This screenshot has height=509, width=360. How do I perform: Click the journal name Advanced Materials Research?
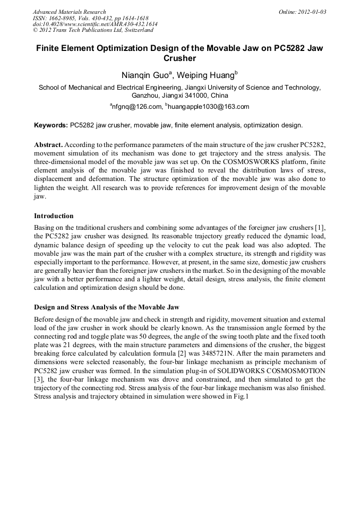[x=69, y=12]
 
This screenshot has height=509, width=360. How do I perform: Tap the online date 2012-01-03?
[x=310, y=12]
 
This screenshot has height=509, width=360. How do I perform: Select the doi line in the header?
[x=95, y=24]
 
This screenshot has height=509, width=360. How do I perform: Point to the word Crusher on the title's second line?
[x=179, y=58]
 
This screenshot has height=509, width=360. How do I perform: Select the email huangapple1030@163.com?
[x=208, y=107]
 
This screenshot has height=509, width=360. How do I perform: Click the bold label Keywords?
[x=51, y=126]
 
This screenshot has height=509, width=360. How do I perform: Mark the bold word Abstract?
[x=48, y=145]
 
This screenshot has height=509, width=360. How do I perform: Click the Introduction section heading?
[x=54, y=216]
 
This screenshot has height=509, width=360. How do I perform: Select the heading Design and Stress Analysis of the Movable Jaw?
[x=107, y=307]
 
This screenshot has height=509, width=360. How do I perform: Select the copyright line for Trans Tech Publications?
[x=93, y=30]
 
